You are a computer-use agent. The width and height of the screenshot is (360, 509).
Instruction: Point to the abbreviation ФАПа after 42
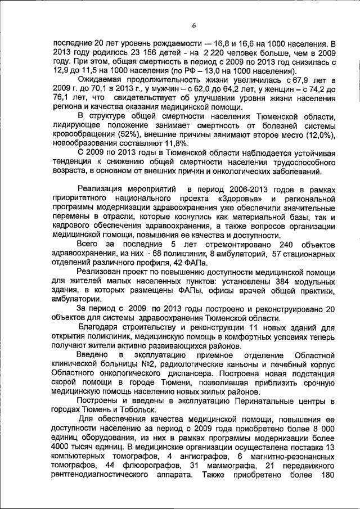point(194,264)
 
